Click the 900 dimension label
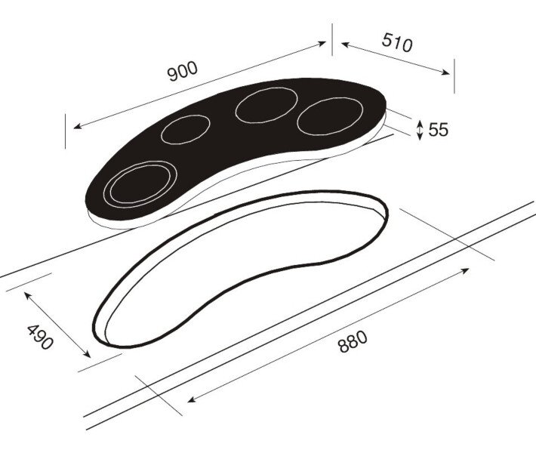183,71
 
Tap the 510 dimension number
397,43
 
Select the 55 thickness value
438,130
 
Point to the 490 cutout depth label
40,337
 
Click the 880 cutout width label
353,341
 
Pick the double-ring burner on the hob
140,184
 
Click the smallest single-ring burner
185,130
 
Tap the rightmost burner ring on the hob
330,116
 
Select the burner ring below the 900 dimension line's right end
266,105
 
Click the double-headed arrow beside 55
420,130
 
